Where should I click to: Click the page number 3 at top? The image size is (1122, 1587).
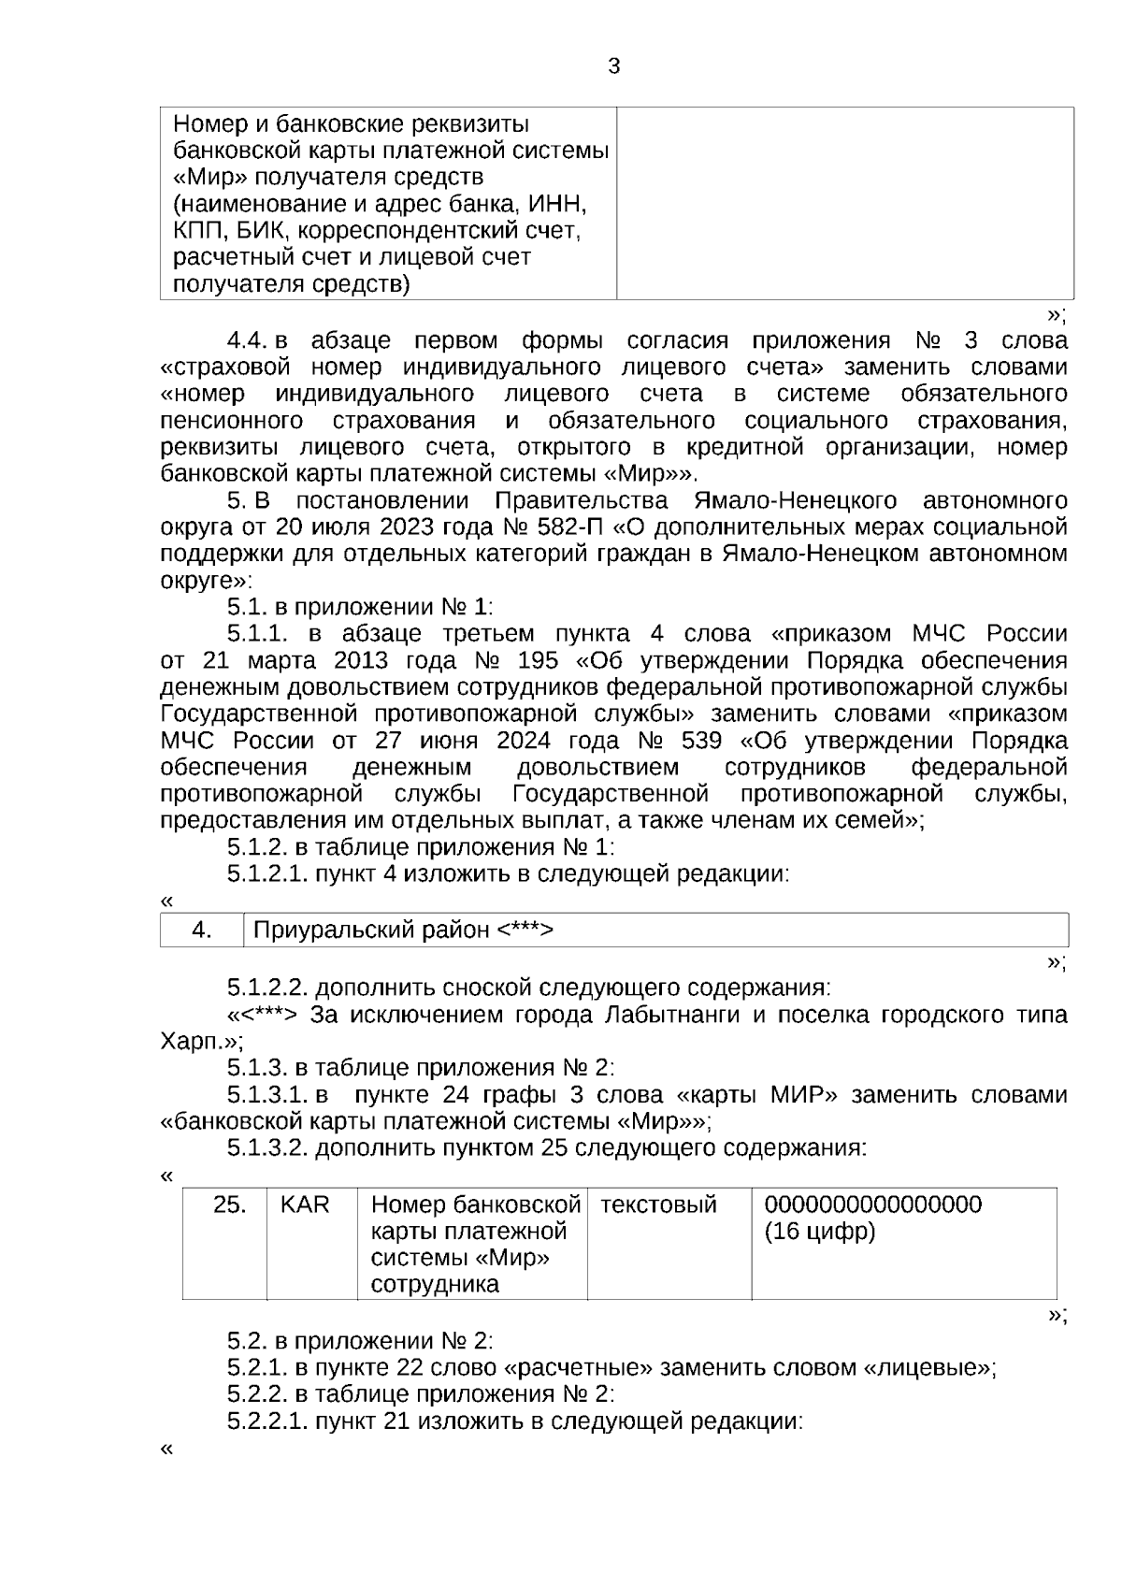(613, 66)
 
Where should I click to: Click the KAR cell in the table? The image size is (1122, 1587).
(305, 1205)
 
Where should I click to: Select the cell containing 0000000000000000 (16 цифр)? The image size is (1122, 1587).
(873, 1218)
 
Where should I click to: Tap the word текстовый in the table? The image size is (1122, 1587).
(658, 1205)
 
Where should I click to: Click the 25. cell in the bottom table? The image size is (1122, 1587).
(229, 1205)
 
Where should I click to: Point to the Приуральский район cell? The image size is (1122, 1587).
(404, 930)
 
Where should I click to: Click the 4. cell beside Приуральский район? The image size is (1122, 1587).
(202, 930)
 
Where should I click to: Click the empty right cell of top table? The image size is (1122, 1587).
(844, 203)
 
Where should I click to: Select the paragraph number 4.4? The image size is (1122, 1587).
(248, 339)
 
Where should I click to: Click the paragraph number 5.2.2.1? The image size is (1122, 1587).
(267, 1422)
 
